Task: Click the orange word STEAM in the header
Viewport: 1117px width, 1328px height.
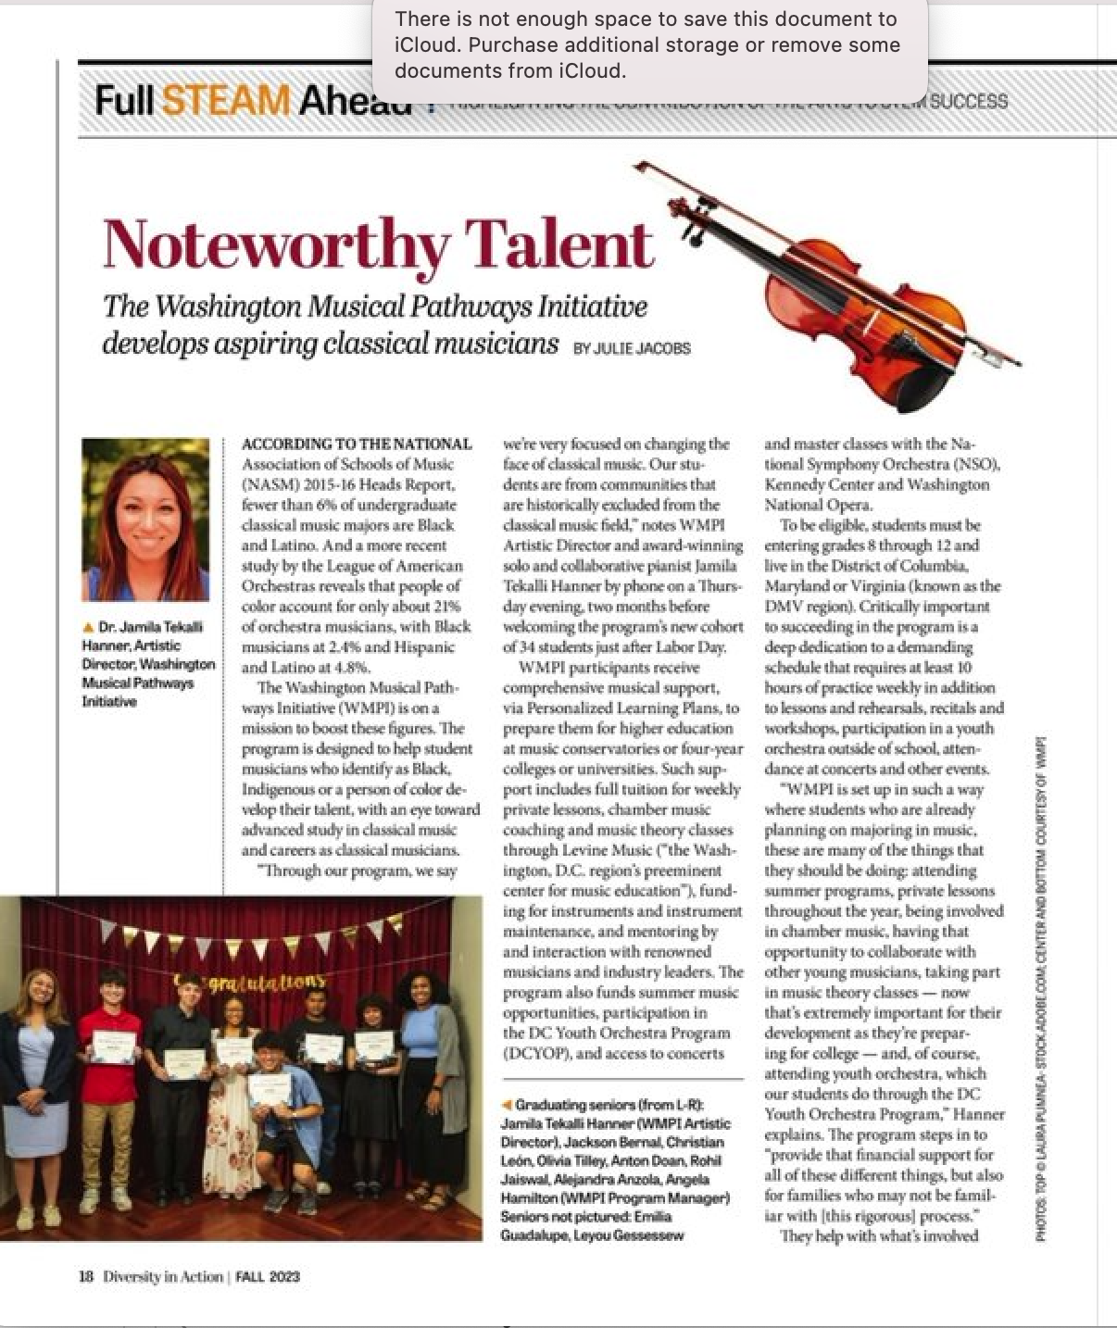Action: click(225, 99)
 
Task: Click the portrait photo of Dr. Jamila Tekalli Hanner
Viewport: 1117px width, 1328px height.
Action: click(145, 520)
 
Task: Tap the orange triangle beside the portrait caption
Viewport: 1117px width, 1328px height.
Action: click(88, 627)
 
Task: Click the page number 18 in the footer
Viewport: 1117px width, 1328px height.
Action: click(86, 1276)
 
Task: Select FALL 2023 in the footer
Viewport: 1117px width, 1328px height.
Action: click(268, 1276)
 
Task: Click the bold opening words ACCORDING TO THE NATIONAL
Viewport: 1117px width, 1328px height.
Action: click(357, 445)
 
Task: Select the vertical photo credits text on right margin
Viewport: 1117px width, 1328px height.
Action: click(1041, 982)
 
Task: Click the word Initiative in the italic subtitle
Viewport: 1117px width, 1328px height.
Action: click(593, 307)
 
